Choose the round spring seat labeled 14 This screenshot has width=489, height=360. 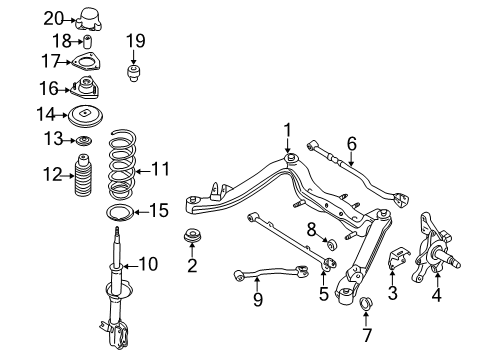coord(87,114)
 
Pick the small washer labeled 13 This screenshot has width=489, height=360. coord(87,139)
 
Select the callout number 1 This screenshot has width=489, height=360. coord(287,129)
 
